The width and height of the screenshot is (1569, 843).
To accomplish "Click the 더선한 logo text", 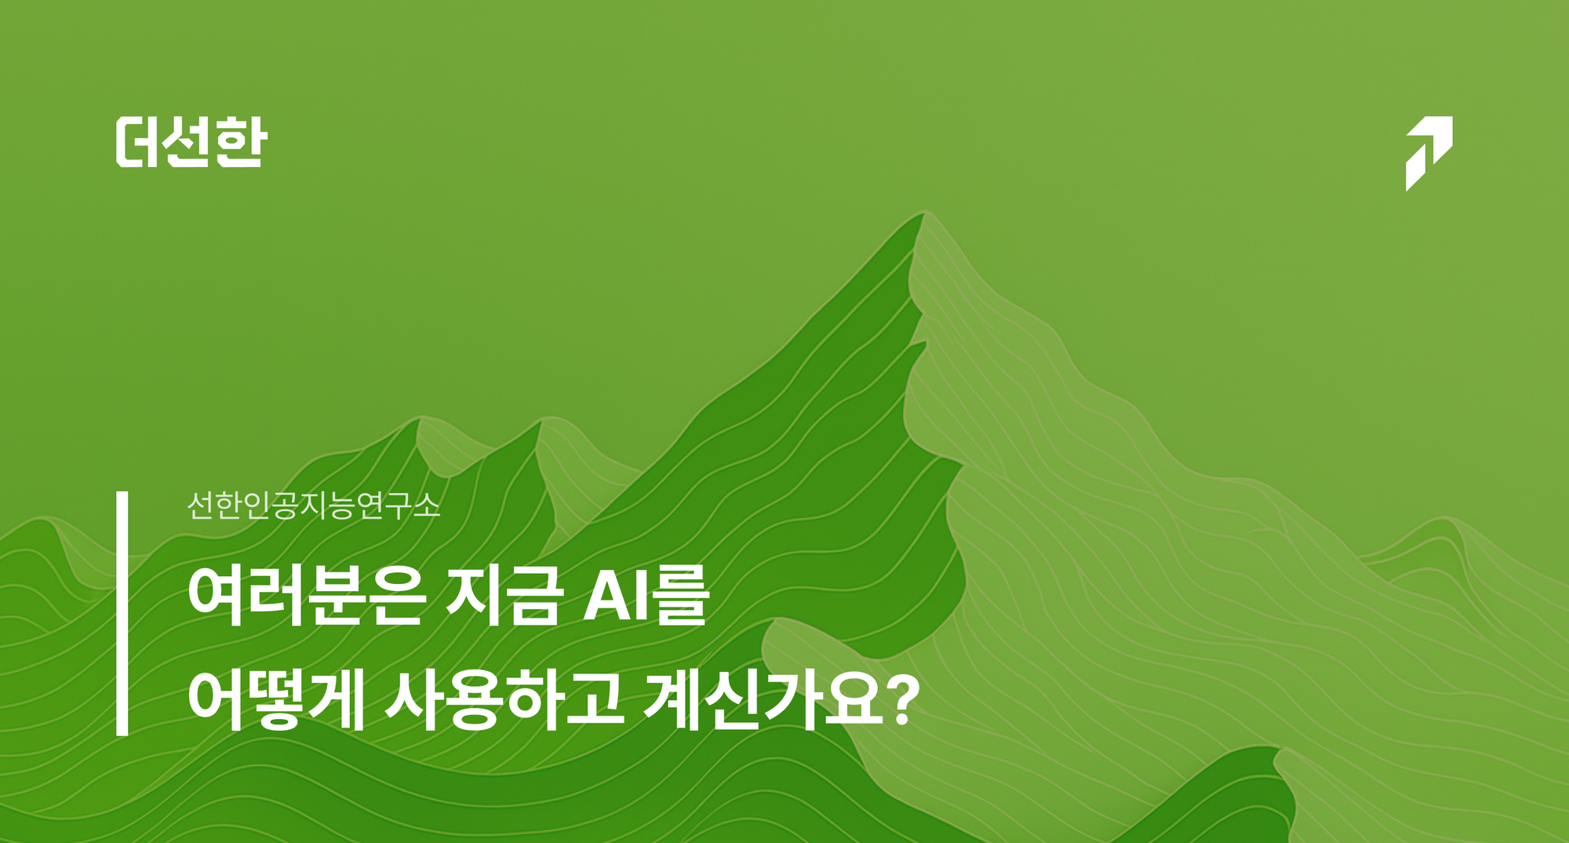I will [x=191, y=142].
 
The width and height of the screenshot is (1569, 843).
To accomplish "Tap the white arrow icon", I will [x=1429, y=152].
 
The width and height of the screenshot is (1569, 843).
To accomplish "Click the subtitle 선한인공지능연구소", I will [x=313, y=505].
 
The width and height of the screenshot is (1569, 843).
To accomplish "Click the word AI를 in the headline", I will [x=646, y=597].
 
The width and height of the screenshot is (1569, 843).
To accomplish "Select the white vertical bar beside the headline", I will [x=122, y=614].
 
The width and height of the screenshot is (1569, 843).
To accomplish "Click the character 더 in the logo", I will [x=140, y=142].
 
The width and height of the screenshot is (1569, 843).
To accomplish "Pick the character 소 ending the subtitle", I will [x=426, y=505].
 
